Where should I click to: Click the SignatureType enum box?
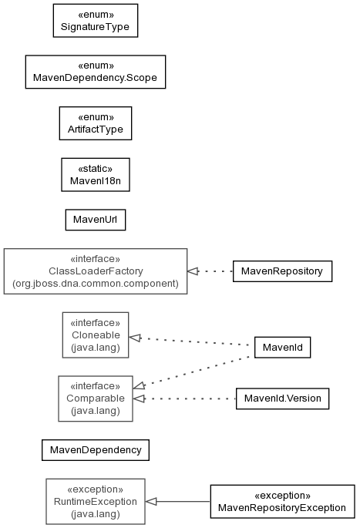click(x=96, y=21)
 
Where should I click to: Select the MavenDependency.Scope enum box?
click(x=96, y=72)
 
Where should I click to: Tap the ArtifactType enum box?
click(x=96, y=123)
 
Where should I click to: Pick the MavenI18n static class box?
click(x=96, y=175)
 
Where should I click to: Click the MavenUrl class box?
click(x=96, y=220)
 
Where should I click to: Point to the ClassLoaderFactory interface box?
click(x=96, y=271)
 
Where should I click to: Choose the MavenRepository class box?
click(x=282, y=271)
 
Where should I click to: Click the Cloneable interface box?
click(x=96, y=335)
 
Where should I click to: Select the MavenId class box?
click(x=282, y=347)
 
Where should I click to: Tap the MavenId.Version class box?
click(x=282, y=399)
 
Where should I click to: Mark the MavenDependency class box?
click(x=96, y=450)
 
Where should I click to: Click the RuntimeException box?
click(x=96, y=502)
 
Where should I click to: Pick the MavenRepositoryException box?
click(x=282, y=502)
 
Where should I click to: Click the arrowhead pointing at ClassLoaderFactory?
click(x=193, y=271)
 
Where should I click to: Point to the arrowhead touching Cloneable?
click(x=135, y=338)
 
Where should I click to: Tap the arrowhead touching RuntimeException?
click(x=151, y=502)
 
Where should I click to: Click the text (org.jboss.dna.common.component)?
click(x=96, y=284)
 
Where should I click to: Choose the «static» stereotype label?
click(x=96, y=169)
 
